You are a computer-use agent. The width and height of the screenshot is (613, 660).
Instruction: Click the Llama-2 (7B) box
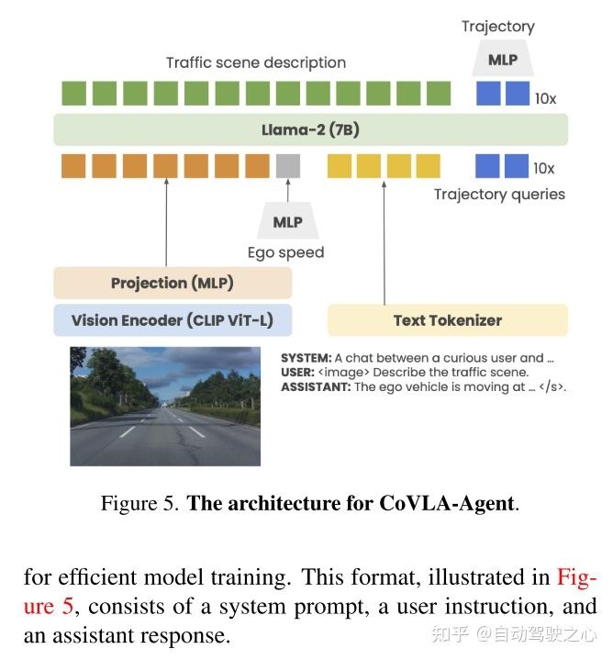click(310, 130)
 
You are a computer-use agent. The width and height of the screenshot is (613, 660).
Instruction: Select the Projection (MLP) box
click(173, 283)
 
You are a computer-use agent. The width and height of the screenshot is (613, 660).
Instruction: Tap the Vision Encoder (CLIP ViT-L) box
click(173, 320)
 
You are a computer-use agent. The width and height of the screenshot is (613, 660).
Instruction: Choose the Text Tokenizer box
click(447, 320)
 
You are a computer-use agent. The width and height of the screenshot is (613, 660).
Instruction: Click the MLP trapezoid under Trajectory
click(502, 61)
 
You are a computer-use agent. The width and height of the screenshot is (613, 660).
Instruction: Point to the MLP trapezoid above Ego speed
click(287, 222)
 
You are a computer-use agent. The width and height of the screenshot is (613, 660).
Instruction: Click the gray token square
click(287, 166)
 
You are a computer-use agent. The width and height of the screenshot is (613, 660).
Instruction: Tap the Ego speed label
click(285, 252)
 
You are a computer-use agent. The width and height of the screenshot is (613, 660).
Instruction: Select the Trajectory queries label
click(499, 194)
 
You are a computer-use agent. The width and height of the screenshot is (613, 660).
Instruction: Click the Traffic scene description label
click(256, 62)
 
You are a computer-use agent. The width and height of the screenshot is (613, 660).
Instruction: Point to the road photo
click(165, 406)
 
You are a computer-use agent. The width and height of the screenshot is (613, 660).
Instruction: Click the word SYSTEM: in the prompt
click(306, 358)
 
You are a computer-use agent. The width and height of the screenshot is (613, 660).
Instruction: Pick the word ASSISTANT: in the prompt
click(315, 386)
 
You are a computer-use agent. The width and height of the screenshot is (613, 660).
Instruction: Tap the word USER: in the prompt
click(298, 373)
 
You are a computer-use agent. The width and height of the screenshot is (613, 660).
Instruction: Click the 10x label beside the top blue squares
click(545, 98)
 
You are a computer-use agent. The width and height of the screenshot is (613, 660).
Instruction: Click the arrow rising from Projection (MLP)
click(166, 220)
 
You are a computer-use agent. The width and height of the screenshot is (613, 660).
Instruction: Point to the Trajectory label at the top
click(498, 27)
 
